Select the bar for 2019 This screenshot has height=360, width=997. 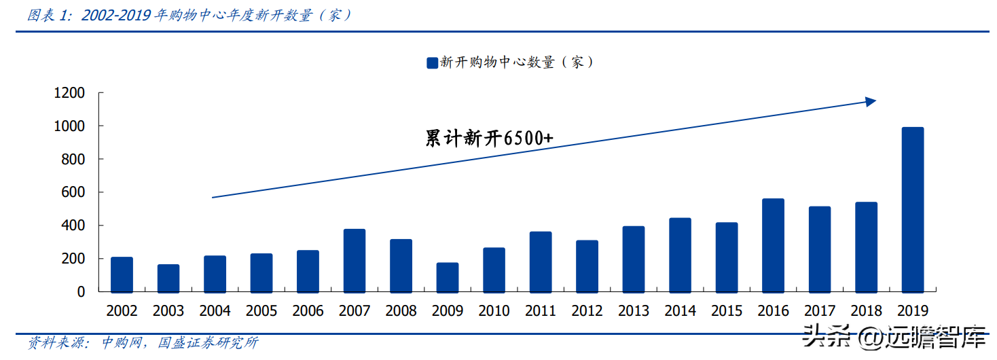(912, 209)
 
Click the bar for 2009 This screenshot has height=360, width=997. (447, 277)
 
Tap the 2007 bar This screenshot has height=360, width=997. (355, 260)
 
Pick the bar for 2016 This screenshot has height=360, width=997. (773, 245)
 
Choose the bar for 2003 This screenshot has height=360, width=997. (168, 278)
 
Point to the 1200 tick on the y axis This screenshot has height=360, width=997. (69, 93)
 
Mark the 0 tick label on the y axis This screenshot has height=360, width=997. (81, 291)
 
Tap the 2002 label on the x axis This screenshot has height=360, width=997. (122, 311)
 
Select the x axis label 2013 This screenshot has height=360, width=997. (634, 311)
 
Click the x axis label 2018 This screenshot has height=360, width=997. (866, 311)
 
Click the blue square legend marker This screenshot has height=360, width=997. (432, 63)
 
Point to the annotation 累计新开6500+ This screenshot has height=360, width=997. (489, 139)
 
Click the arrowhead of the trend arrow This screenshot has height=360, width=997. (871, 102)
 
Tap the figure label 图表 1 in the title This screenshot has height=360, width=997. (50, 15)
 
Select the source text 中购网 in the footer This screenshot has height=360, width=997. (122, 343)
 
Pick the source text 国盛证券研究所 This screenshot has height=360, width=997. (208, 343)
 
